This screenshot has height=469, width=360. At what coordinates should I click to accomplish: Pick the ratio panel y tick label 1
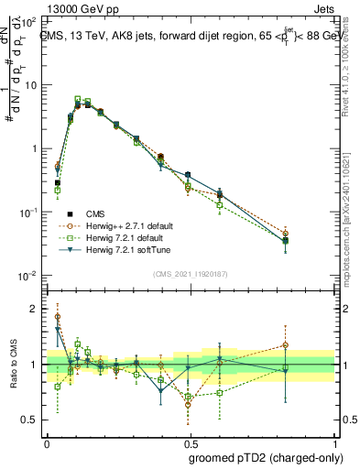click(x=35, y=365)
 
